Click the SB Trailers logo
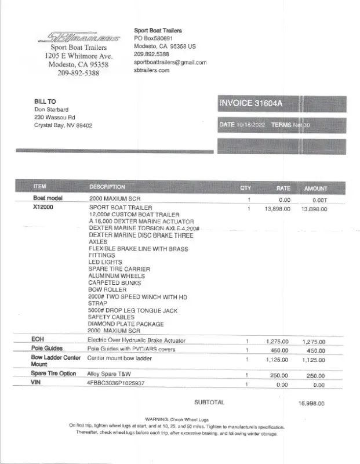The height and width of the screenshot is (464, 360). tap(79, 38)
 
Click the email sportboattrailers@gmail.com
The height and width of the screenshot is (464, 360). tap(170, 62)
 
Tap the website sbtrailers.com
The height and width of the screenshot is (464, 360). tap(151, 70)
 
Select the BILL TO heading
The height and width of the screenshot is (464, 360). tap(45, 101)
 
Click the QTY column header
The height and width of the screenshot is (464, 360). tap(246, 188)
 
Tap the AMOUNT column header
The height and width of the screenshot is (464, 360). tap(315, 188)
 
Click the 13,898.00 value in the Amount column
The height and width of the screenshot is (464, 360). tap(314, 208)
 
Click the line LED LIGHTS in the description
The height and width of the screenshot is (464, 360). tap(106, 262)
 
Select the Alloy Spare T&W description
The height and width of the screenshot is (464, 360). tap(109, 374)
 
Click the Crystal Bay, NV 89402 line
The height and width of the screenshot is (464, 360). tap(63, 125)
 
